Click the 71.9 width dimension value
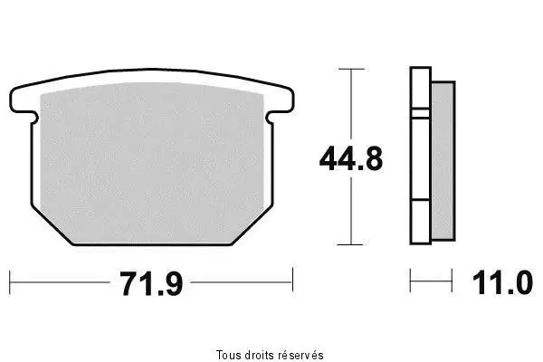pos(150,283)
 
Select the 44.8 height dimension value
pos(351,159)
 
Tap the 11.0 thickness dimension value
pos(502,283)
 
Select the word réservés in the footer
pos(301,355)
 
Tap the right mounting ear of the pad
pos(280,101)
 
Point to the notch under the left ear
pos(34,118)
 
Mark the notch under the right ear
pos(270,118)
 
